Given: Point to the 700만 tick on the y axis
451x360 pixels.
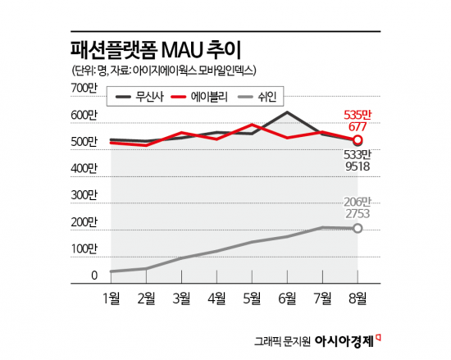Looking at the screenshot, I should tap(84, 88).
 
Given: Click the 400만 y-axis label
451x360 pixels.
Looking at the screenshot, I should tap(84, 169).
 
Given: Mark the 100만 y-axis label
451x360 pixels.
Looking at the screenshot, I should tap(84, 248).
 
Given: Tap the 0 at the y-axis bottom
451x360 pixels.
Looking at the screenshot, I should tap(94, 276).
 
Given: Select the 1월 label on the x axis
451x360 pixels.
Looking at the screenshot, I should tap(111, 296).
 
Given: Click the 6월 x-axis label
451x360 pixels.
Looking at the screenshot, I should tap(287, 296).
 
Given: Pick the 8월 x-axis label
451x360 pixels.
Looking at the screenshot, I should tap(358, 296).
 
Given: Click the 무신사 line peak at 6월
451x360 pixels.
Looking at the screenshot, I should tap(287, 112).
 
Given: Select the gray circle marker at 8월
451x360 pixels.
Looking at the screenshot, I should tap(358, 228).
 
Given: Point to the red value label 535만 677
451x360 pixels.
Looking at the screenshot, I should tap(357, 121).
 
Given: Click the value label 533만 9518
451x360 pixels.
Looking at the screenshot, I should tap(358, 159).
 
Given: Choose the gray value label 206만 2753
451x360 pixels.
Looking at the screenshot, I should tap(357, 207).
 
